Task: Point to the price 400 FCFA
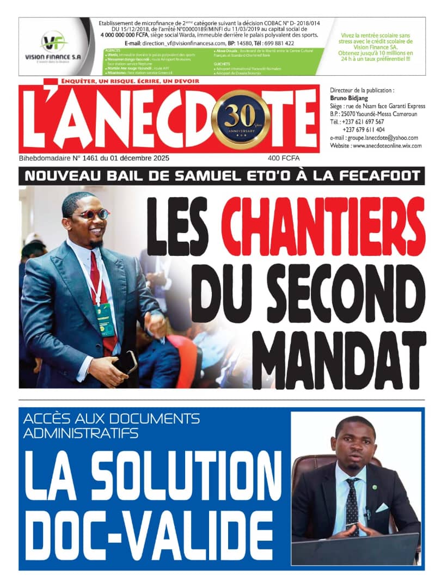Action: click(284, 158)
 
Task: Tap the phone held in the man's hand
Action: click(128, 363)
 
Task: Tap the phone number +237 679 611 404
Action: click(364, 130)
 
